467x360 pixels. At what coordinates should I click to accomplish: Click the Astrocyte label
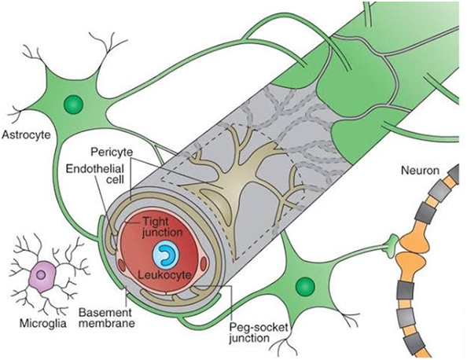click(x=27, y=135)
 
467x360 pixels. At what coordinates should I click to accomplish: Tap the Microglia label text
click(x=43, y=323)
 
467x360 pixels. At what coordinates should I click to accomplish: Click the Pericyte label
click(x=112, y=152)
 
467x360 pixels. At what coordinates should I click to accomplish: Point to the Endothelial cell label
click(x=94, y=174)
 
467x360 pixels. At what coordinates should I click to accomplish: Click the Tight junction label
click(x=162, y=227)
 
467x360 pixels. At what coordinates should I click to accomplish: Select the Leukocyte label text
click(x=164, y=274)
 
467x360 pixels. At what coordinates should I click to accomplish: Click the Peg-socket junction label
click(x=258, y=333)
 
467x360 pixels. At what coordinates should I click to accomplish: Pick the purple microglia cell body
click(x=43, y=277)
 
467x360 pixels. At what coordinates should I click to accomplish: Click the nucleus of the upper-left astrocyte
click(x=73, y=105)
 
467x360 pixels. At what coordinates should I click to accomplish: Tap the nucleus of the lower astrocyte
click(x=305, y=286)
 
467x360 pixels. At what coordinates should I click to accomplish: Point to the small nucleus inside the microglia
click(x=41, y=275)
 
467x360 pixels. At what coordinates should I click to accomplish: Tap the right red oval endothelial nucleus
click(x=204, y=264)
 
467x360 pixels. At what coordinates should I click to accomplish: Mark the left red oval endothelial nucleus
click(x=122, y=264)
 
